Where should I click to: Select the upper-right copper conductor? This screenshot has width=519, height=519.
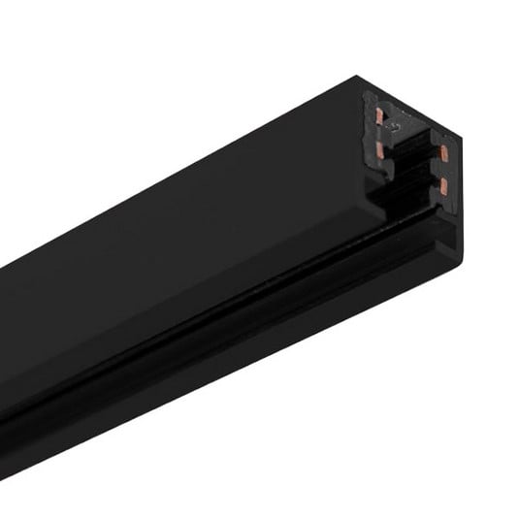click(443, 151)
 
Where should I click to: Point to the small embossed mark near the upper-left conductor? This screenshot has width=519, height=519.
click(395, 125)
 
